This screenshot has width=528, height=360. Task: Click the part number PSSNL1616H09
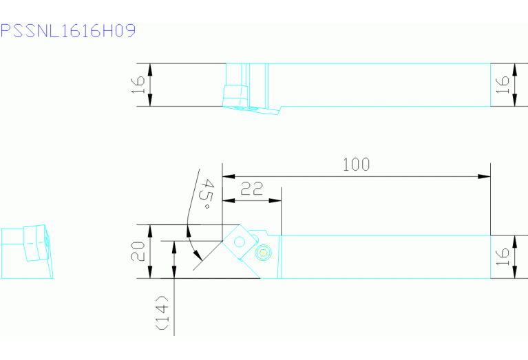point(68,31)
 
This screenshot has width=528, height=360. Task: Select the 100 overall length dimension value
point(357,165)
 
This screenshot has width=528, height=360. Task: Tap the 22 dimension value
point(251,189)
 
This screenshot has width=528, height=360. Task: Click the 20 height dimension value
point(138,251)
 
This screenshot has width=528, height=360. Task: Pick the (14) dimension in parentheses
point(162,313)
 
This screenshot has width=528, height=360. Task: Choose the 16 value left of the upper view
point(138,85)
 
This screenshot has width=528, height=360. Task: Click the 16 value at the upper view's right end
point(503,85)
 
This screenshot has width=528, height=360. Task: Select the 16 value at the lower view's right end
point(503,257)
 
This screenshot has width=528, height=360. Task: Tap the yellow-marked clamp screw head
point(264,253)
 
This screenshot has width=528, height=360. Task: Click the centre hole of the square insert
point(240,242)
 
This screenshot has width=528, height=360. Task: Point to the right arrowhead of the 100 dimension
point(484,176)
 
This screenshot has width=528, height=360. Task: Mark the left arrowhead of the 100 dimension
point(229,176)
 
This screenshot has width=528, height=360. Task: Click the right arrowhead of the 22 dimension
point(275,201)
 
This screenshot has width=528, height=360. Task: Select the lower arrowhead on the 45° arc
point(198,255)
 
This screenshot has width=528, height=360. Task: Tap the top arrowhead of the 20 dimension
point(150,231)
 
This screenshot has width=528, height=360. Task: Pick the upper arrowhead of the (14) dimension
point(174,247)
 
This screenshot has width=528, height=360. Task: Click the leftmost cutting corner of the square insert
point(222,241)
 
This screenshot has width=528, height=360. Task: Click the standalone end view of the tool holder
point(27,251)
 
